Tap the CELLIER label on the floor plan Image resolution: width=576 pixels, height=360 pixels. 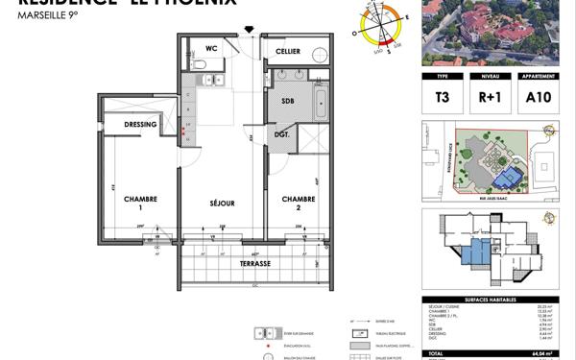(287, 51)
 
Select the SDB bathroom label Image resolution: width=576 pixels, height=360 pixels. (288, 101)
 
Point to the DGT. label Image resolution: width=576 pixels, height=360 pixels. (281, 135)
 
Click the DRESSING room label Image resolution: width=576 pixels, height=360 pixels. (141, 125)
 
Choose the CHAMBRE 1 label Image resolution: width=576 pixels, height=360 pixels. (139, 204)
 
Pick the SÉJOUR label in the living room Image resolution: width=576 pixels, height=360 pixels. (223, 204)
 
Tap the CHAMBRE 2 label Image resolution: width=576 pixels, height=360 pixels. (298, 204)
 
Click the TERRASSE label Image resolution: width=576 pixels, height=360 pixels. (255, 263)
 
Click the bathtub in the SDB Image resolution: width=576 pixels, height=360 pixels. (322, 101)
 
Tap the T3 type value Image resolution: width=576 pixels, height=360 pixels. (443, 96)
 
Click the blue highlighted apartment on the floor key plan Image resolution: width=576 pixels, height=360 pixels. (474, 252)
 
